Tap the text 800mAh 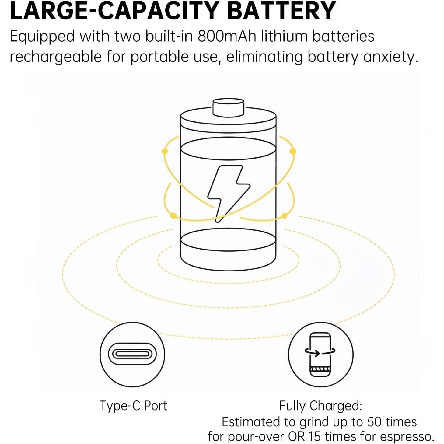tap(227, 37)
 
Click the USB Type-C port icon tap(132, 354)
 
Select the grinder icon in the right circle tap(320, 354)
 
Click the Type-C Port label tap(133, 405)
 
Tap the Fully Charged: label tap(320, 406)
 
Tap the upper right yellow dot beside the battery tap(293, 151)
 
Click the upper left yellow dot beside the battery tap(165, 151)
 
